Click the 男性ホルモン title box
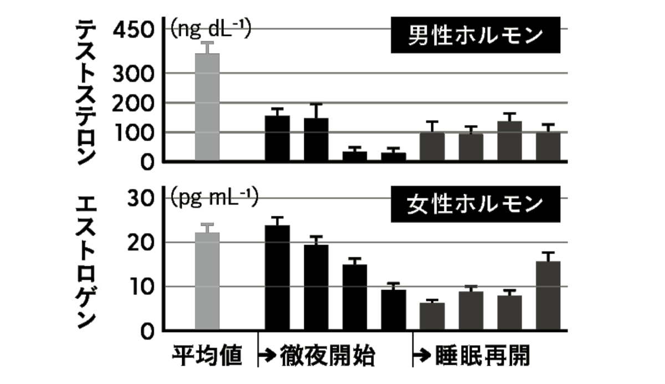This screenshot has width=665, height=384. tap(473, 37)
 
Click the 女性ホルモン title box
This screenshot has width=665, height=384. tap(473, 205)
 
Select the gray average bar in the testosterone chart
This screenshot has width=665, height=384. tap(208, 107)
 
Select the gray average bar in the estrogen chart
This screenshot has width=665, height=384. tap(208, 282)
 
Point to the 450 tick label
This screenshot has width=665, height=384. tap(136, 30)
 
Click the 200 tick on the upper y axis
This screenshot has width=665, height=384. tap(136, 103)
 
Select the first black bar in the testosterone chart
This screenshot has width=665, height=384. tap(278, 138)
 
